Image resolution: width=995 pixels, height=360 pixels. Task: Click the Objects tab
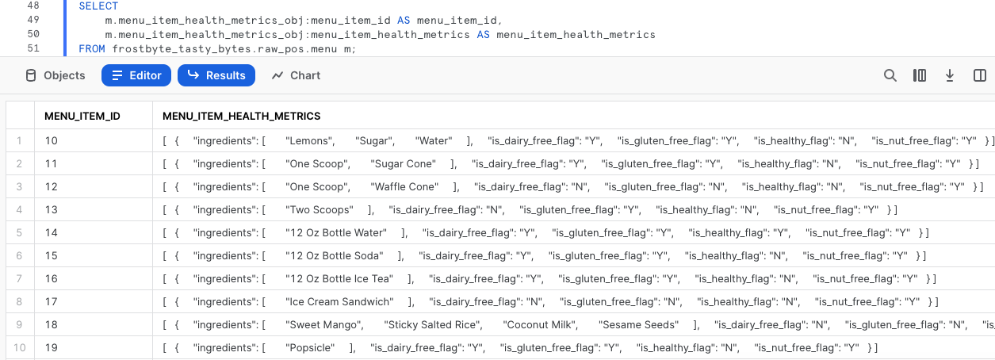(55, 75)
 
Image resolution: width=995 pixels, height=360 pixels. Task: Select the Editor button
(136, 75)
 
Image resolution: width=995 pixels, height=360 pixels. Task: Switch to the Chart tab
(296, 75)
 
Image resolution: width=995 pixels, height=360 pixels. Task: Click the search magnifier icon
(890, 75)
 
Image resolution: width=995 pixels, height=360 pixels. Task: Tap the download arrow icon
(949, 75)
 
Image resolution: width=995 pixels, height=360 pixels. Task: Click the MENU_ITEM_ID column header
(82, 116)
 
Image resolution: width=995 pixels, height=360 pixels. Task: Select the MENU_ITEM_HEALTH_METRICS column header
(241, 116)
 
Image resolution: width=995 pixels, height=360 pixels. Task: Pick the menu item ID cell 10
(52, 141)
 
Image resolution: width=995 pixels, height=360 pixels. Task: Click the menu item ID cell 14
(52, 233)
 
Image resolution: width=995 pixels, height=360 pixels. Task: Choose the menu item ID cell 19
(52, 348)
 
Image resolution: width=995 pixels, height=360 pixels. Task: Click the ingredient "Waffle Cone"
(404, 187)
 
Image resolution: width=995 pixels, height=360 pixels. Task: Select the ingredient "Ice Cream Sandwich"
(339, 302)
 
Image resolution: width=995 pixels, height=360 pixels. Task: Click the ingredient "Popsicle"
(310, 348)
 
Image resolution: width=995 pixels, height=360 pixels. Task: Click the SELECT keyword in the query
(98, 6)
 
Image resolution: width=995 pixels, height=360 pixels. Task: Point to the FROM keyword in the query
(92, 49)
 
